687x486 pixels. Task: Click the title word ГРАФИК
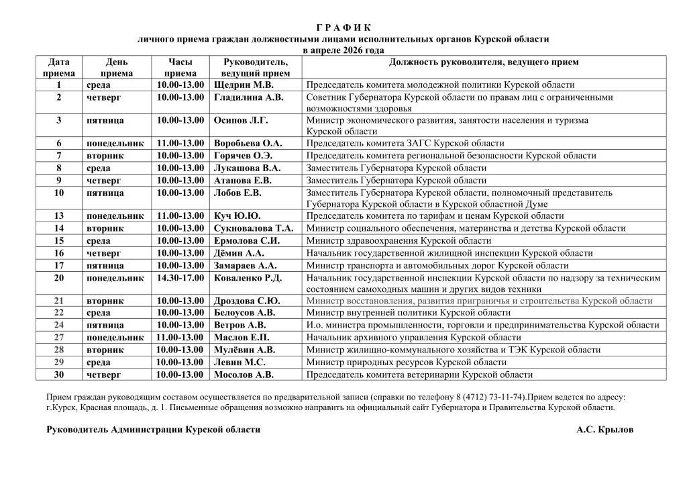tap(343, 28)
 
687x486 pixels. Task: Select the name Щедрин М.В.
tap(244, 85)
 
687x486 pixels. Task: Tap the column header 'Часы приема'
tap(180, 68)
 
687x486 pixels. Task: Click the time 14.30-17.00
tap(180, 278)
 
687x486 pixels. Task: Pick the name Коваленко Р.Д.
tap(248, 278)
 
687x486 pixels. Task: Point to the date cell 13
tap(59, 216)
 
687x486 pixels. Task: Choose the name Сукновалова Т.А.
tap(253, 228)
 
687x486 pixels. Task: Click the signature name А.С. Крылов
tap(604, 430)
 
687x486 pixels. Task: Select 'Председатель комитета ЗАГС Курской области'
tap(405, 143)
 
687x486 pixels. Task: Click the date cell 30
tap(59, 375)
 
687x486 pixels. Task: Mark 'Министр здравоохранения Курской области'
tap(399, 240)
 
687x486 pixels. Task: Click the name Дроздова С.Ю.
tap(246, 301)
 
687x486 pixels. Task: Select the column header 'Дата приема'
tap(59, 68)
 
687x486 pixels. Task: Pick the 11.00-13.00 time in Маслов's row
tap(180, 338)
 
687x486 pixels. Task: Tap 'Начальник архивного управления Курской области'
tap(413, 338)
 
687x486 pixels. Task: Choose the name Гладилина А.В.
tap(248, 97)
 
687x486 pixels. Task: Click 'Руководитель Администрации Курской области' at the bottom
tap(154, 430)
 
